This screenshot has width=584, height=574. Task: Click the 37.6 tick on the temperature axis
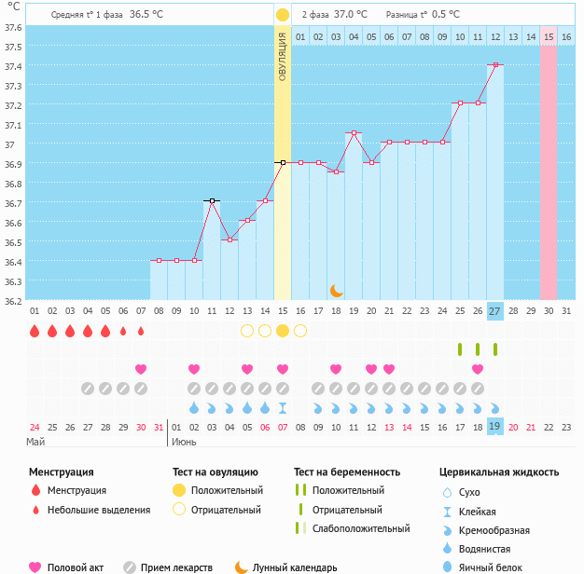click(x=13, y=27)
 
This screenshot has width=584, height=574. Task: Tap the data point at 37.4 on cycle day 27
click(x=495, y=65)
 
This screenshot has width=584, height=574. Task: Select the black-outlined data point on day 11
click(x=212, y=201)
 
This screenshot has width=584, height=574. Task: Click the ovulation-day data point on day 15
click(x=283, y=162)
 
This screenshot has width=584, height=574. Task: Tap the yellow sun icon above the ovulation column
click(x=283, y=15)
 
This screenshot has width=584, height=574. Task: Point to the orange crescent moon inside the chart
click(x=337, y=291)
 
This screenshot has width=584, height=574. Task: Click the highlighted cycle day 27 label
click(x=494, y=310)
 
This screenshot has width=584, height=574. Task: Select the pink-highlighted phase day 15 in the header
click(x=549, y=36)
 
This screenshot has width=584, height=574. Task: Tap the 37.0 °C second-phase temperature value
click(x=351, y=15)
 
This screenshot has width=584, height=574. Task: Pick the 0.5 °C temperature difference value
click(x=446, y=15)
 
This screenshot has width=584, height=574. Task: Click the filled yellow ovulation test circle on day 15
click(x=283, y=331)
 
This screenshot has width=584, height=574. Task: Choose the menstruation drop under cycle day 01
click(x=35, y=331)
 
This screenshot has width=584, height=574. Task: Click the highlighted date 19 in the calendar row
click(x=494, y=427)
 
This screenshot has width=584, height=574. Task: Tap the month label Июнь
click(x=184, y=442)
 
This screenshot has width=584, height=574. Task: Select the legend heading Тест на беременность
click(x=346, y=472)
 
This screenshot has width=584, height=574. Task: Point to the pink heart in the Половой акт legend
click(x=35, y=567)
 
